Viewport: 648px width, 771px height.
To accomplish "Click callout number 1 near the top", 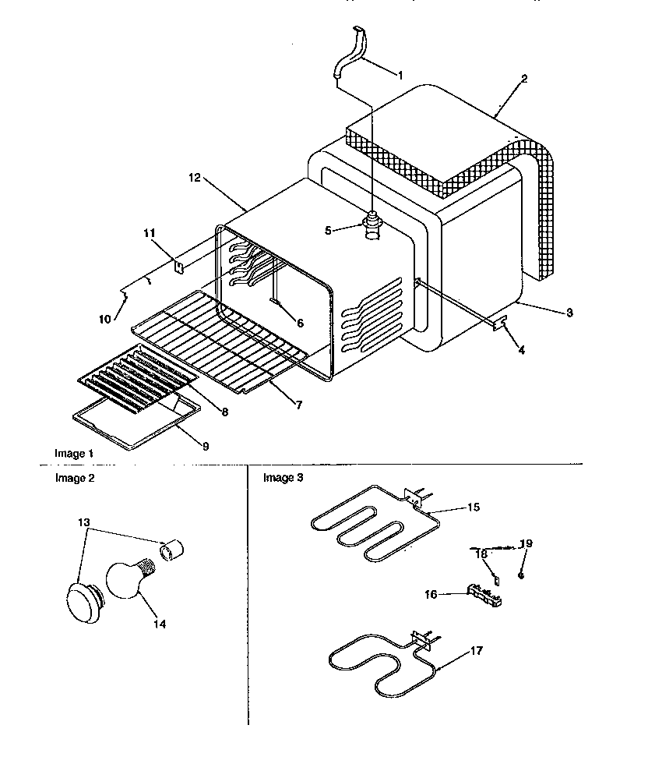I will [x=400, y=76].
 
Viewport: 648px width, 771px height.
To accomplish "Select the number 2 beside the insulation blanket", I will [x=524, y=79].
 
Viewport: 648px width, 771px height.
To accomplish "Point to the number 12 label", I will [x=194, y=179].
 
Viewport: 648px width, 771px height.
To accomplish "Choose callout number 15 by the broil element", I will [x=474, y=507].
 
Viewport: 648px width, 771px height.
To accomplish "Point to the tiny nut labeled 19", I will [x=523, y=575].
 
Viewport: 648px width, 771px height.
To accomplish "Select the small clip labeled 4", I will [x=501, y=321].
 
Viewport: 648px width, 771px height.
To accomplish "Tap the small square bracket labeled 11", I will [x=178, y=267].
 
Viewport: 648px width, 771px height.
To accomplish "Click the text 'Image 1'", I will [x=73, y=453].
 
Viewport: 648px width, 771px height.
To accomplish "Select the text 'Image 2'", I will [x=73, y=479].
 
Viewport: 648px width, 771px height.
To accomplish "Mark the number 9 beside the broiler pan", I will [x=205, y=446].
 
